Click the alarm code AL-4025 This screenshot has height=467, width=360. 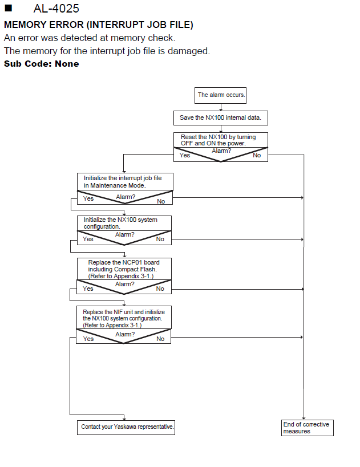click(x=56, y=9)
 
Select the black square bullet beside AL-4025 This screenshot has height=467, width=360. click(x=9, y=8)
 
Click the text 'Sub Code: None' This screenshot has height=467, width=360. click(x=42, y=64)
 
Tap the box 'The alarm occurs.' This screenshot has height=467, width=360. click(x=221, y=95)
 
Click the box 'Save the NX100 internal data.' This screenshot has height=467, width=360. click(x=221, y=118)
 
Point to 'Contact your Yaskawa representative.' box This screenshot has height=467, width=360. click(x=126, y=428)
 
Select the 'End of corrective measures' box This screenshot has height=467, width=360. click(x=308, y=428)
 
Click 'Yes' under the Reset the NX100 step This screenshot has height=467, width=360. click(x=185, y=155)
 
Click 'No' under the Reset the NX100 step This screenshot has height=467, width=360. click(x=257, y=155)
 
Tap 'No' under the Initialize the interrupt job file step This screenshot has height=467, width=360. click(x=161, y=201)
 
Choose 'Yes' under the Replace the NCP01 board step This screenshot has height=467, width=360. click(x=88, y=289)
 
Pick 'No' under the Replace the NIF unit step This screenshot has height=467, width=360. click(x=160, y=339)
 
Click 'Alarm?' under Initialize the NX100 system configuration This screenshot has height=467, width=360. click(x=124, y=235)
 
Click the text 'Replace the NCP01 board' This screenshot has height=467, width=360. click(x=124, y=262)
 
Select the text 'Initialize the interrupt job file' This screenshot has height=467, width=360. click(x=123, y=178)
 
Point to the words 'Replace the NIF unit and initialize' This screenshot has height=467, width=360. click(x=124, y=312)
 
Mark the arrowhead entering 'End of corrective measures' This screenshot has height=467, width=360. click(x=304, y=418)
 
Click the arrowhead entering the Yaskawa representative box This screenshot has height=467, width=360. click(x=124, y=419)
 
